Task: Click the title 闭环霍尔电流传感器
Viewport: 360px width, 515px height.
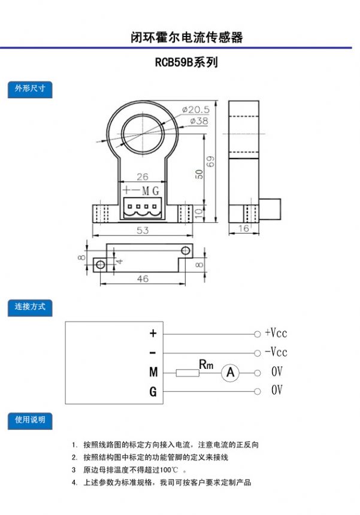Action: click(x=186, y=37)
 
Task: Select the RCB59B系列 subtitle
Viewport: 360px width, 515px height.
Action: click(x=186, y=62)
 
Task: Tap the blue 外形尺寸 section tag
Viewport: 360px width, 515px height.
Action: click(x=30, y=89)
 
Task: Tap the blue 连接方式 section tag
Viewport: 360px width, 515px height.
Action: click(x=30, y=308)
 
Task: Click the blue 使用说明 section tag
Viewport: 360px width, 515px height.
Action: click(x=30, y=421)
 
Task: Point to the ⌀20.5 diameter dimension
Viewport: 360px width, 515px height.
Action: click(x=196, y=110)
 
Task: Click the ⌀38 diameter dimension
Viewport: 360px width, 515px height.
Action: click(x=199, y=121)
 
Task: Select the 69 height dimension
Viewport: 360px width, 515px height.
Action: click(x=210, y=161)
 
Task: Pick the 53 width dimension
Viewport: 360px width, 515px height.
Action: click(x=143, y=230)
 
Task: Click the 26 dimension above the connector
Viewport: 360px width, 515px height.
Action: click(x=143, y=177)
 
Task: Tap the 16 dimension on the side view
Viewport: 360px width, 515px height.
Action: click(x=243, y=228)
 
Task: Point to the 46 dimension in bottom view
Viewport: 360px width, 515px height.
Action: click(x=143, y=278)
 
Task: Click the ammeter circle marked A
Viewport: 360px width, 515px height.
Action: click(x=231, y=372)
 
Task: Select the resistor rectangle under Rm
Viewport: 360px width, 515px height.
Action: click(x=187, y=373)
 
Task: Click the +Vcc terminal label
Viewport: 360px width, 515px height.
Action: click(x=276, y=333)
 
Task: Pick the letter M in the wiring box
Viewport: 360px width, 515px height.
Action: click(x=153, y=372)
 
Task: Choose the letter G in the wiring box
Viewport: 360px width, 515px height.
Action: click(x=153, y=392)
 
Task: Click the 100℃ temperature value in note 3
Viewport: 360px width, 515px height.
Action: click(x=169, y=469)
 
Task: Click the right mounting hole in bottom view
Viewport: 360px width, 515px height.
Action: click(x=186, y=250)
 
